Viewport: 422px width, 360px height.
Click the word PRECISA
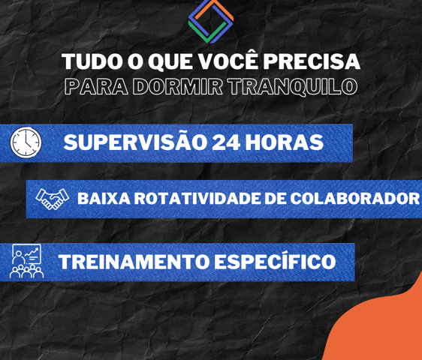312,61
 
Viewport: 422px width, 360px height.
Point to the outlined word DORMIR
178,86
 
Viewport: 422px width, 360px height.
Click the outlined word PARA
96,86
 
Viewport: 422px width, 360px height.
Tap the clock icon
26,142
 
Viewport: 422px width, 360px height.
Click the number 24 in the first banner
225,142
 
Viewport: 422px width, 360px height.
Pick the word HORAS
284,142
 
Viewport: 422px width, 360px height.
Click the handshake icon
53,199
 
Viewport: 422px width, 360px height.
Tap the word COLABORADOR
354,199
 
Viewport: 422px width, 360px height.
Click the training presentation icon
26,261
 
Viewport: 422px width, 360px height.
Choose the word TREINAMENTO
134,262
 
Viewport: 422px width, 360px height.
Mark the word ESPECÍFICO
275,260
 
